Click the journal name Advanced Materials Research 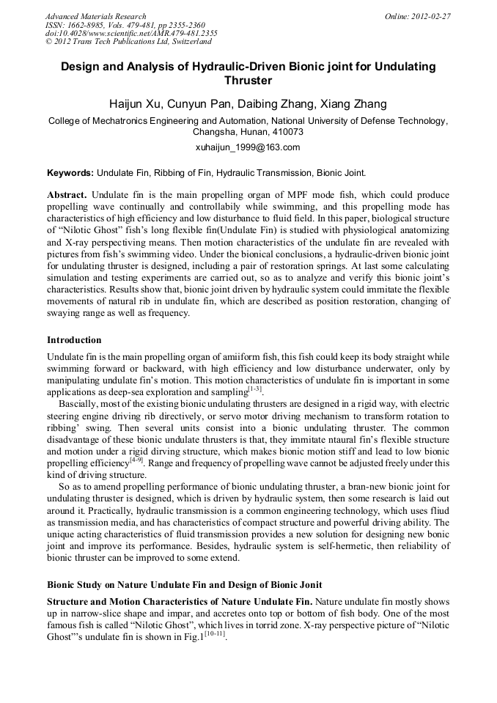[95, 16]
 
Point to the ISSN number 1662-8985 [95, 25]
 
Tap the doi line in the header [131, 34]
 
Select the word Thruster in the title [248, 81]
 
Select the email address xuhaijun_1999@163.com [248, 147]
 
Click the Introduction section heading [74, 340]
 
